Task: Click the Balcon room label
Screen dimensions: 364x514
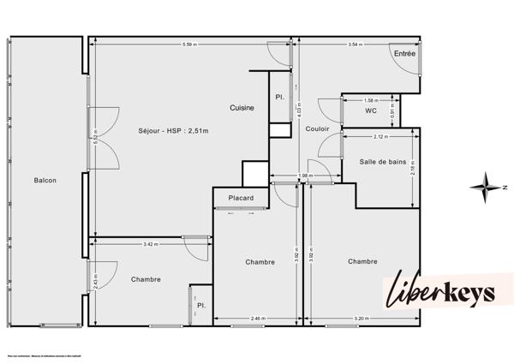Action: point(45,180)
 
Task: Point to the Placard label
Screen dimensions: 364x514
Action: point(240,199)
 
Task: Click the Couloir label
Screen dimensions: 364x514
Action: point(318,128)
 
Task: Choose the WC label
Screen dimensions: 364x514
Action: point(371,110)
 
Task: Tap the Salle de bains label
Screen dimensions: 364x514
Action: point(382,161)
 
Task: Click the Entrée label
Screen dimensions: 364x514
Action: point(404,53)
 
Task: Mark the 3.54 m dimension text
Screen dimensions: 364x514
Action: point(356,44)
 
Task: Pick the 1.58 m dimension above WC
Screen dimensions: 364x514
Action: point(371,99)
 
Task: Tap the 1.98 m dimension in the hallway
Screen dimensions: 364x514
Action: point(304,176)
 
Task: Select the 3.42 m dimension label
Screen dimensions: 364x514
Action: point(151,245)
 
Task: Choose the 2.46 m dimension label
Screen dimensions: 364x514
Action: point(257,319)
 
